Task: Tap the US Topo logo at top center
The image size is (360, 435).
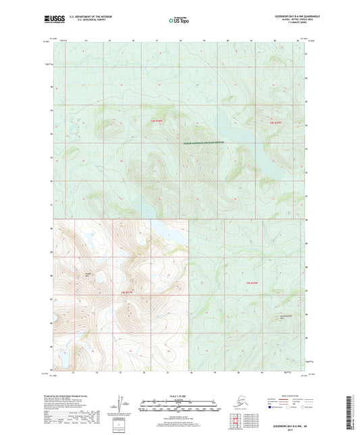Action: click(178, 21)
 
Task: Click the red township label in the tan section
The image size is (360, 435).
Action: click(128, 291)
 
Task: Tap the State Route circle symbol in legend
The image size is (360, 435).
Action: click(304, 407)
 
